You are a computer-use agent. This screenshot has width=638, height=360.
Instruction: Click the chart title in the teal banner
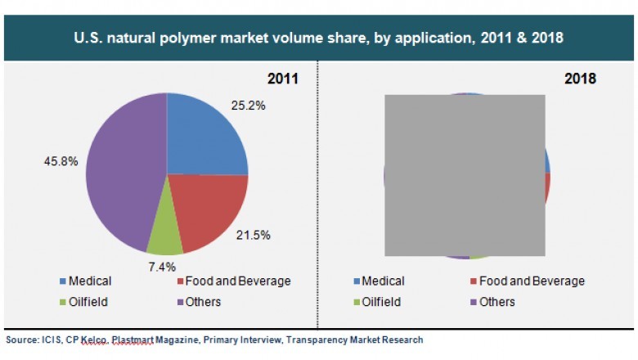pos(319,38)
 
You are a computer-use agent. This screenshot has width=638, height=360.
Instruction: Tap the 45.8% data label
pos(61,161)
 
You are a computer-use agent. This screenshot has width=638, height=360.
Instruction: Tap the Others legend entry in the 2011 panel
pos(201,301)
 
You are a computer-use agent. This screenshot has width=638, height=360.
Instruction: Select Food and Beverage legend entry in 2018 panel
pos(530,281)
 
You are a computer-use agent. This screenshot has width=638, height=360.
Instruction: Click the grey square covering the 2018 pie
pos(465,175)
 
